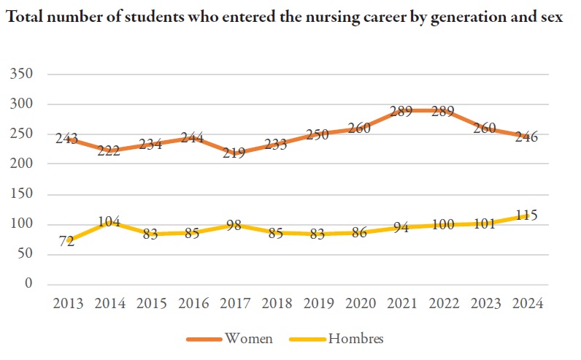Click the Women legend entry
pyautogui.click(x=249, y=338)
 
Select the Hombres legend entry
pyautogui.click(x=355, y=338)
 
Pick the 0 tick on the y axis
pyautogui.click(x=30, y=283)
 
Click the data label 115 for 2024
pyautogui.click(x=527, y=215)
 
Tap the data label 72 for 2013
pyautogui.click(x=67, y=241)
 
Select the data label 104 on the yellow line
pyautogui.click(x=109, y=222)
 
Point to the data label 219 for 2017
pyautogui.click(x=235, y=153)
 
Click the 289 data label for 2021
pyautogui.click(x=401, y=112)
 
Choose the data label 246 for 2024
pyautogui.click(x=527, y=137)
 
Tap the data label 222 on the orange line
pyautogui.click(x=109, y=151)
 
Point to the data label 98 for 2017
pyautogui.click(x=235, y=226)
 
